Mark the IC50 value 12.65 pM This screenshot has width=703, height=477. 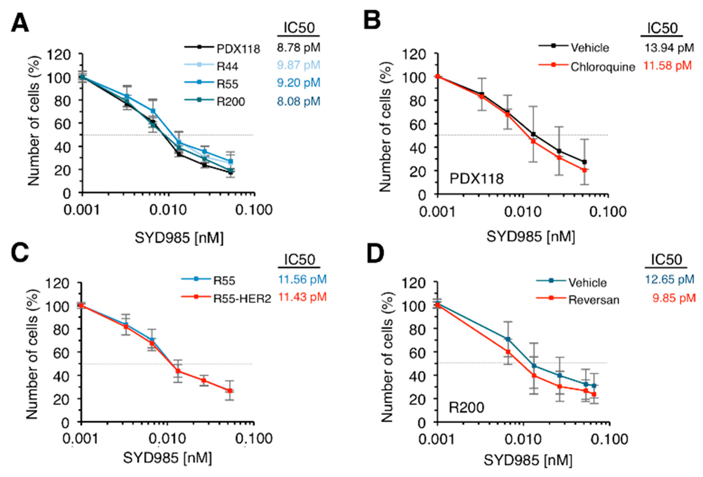tap(669, 279)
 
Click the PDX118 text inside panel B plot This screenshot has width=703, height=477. tap(476, 179)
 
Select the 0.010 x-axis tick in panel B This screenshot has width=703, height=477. tap(522, 212)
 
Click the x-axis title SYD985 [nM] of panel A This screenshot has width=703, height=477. tap(179, 238)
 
